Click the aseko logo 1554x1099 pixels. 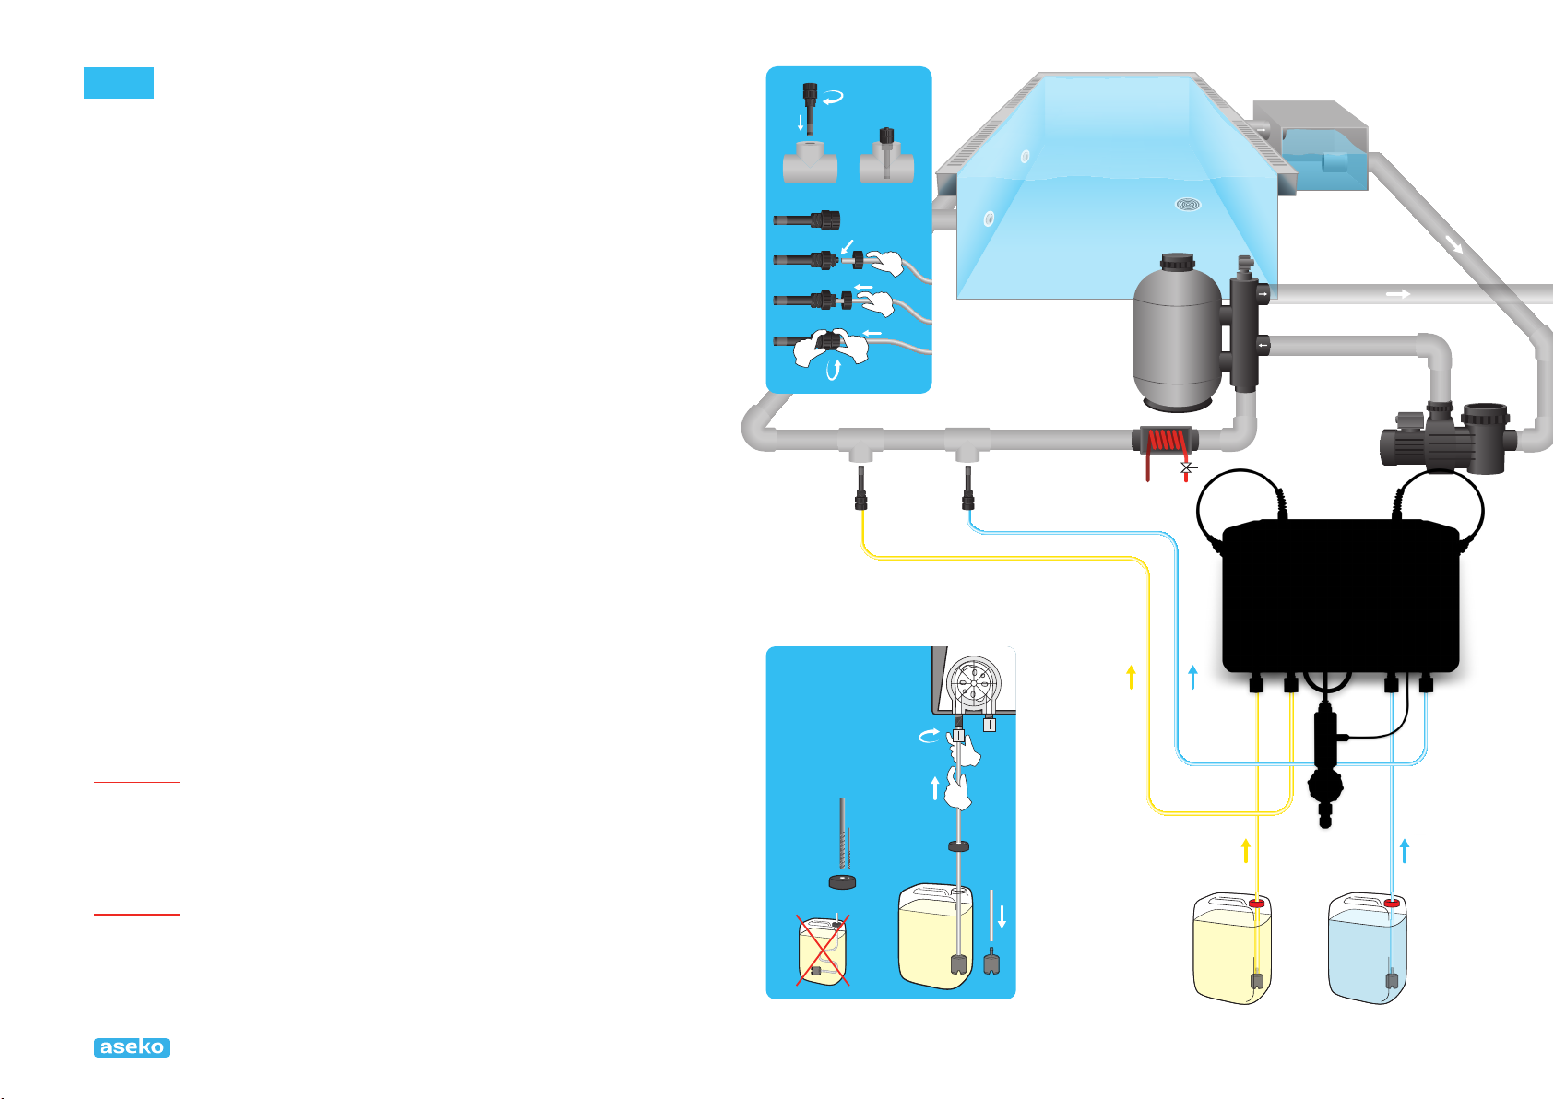[x=132, y=1047]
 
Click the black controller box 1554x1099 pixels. [x=1340, y=597]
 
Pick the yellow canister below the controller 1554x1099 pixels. [x=1232, y=949]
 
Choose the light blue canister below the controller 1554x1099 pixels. [x=1367, y=949]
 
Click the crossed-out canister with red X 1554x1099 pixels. [x=823, y=950]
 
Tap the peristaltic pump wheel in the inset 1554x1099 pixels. [x=973, y=683]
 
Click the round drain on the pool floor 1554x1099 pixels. [x=1188, y=205]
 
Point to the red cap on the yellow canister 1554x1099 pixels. [x=1256, y=903]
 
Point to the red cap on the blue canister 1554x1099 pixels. [x=1391, y=903]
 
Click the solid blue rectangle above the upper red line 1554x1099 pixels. [x=119, y=82]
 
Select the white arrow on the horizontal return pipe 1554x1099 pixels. [x=1398, y=294]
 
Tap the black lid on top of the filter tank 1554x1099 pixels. [x=1178, y=262]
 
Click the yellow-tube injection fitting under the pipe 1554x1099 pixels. [x=861, y=488]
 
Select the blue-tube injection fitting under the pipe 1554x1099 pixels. [x=967, y=488]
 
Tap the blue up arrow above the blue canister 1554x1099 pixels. [x=1405, y=851]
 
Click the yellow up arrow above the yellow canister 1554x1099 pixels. [x=1246, y=851]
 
